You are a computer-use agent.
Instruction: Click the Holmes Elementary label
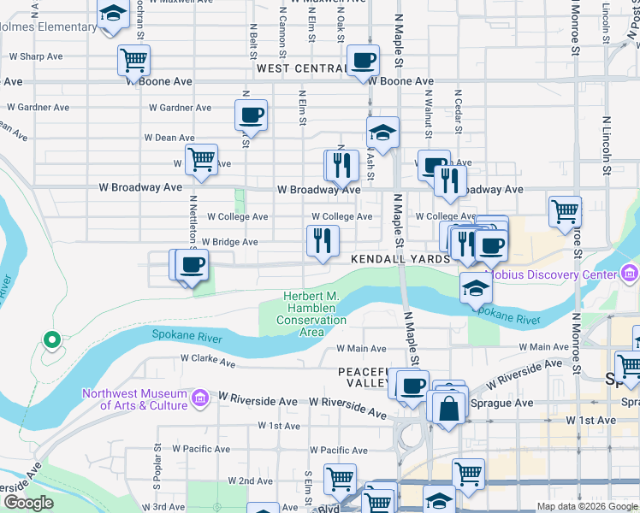(x=48, y=27)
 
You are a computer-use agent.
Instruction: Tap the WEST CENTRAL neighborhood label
(x=299, y=68)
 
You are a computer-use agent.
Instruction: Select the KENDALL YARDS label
(x=399, y=258)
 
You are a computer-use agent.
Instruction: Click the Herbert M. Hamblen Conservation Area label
(x=311, y=314)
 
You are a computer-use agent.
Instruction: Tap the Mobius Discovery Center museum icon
(x=631, y=274)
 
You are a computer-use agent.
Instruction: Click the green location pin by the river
(x=51, y=340)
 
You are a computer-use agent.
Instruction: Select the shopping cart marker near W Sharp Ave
(x=134, y=60)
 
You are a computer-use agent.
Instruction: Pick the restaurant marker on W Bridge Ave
(x=323, y=239)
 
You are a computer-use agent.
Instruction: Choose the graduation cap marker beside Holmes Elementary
(x=112, y=15)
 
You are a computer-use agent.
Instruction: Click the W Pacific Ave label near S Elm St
(x=339, y=450)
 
